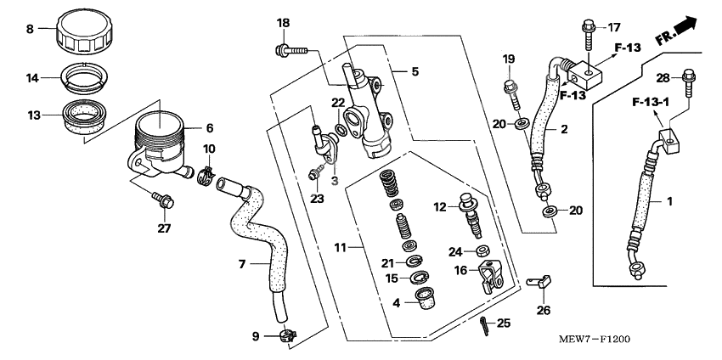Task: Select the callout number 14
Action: [x=33, y=77]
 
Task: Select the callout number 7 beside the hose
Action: [x=241, y=265]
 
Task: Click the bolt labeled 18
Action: [x=288, y=51]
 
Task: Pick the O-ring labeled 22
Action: [x=341, y=130]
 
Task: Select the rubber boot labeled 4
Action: [x=418, y=300]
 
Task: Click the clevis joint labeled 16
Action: [x=494, y=275]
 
